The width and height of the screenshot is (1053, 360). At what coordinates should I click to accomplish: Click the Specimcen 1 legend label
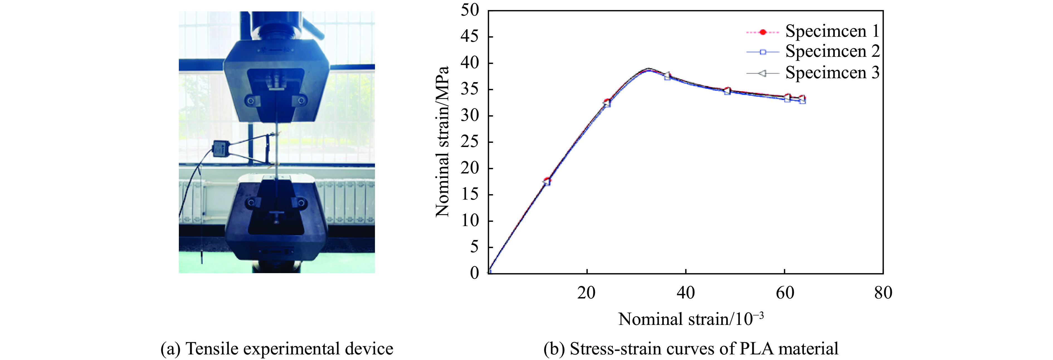tap(832, 31)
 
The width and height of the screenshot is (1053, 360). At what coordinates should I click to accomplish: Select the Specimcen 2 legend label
tap(832, 52)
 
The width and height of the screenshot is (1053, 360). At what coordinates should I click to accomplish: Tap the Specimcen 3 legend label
tap(832, 73)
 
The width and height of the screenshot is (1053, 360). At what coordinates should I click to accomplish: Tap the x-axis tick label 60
tap(784, 293)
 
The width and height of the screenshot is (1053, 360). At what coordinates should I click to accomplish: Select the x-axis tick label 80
tap(883, 293)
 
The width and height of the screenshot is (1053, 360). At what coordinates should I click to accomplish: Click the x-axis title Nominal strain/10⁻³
tap(691, 319)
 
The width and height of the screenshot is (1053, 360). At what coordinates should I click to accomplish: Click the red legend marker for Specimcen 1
tap(762, 32)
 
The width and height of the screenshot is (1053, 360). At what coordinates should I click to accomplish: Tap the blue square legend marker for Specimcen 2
tap(762, 52)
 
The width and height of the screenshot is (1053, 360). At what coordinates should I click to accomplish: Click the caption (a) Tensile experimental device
tap(277, 349)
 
